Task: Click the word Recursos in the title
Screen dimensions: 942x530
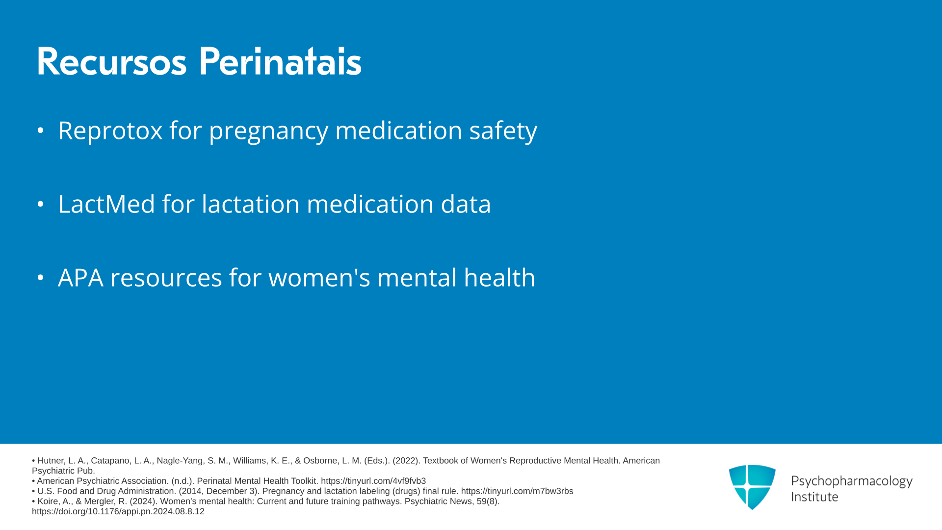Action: (111, 62)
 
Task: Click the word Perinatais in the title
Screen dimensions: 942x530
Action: (280, 62)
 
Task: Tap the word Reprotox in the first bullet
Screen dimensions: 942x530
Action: (110, 131)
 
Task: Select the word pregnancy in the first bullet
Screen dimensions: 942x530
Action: (268, 132)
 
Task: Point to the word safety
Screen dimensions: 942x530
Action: (503, 131)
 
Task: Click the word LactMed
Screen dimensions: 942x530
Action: (106, 204)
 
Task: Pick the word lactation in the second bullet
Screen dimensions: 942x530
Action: (251, 204)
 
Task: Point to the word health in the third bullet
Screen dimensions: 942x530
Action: (499, 277)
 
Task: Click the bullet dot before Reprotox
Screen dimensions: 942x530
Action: (41, 131)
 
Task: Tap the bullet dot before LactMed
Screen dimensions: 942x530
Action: (41, 204)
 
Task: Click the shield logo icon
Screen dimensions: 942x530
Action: (752, 487)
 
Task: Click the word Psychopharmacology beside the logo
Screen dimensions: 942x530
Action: (852, 481)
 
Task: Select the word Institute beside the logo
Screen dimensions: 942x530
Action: (815, 497)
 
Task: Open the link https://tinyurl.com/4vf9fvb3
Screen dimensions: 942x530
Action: (373, 481)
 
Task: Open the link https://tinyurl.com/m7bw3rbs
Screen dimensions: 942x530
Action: (517, 491)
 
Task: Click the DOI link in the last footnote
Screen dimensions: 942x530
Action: (118, 511)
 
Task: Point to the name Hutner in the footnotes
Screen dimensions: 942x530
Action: (51, 461)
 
